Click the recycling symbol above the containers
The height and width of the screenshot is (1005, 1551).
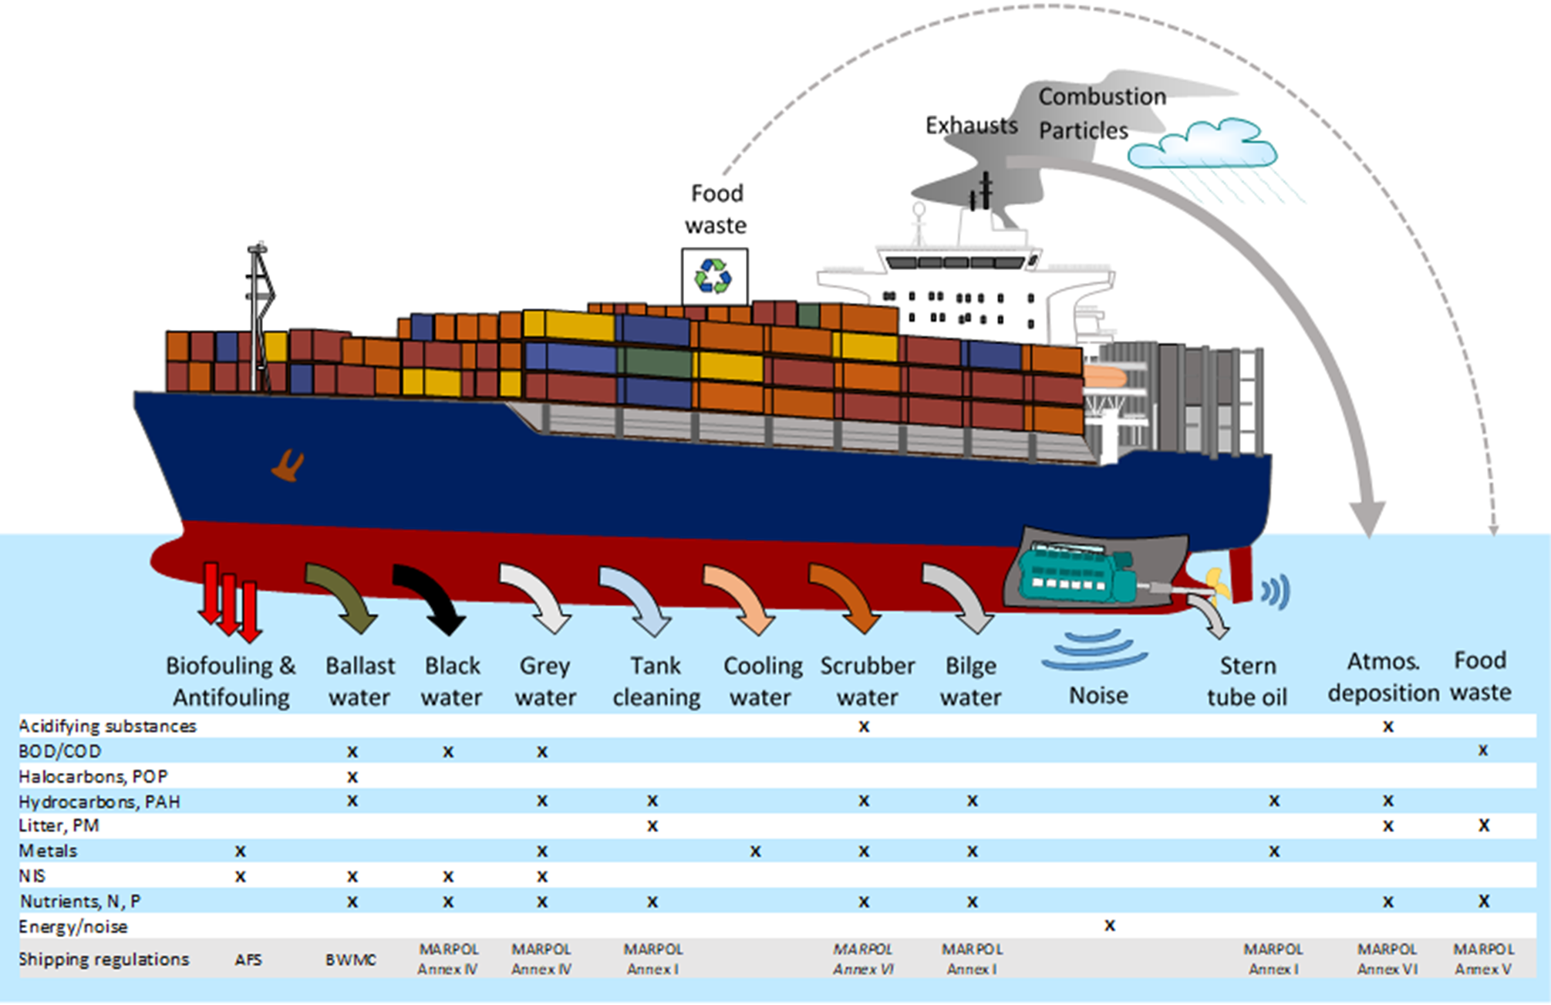tap(713, 276)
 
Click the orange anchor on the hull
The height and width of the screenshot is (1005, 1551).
tap(288, 465)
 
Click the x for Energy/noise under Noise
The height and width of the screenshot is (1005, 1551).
tap(1109, 925)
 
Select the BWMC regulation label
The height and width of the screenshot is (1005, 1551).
tap(351, 959)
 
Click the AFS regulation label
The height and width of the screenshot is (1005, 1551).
tap(248, 959)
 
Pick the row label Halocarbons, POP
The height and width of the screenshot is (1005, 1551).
tap(93, 776)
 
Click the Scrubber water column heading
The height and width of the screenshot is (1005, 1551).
tap(867, 680)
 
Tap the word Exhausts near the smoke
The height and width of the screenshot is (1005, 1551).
tap(971, 125)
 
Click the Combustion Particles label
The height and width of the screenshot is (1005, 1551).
tap(1101, 113)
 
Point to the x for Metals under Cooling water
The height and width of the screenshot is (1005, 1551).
tap(756, 851)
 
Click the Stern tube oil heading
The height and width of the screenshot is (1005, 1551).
tap(1247, 680)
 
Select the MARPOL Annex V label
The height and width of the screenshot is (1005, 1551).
tap(1483, 959)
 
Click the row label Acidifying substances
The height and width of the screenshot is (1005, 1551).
tap(107, 726)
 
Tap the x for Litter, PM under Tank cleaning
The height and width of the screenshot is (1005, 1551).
tap(652, 826)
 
